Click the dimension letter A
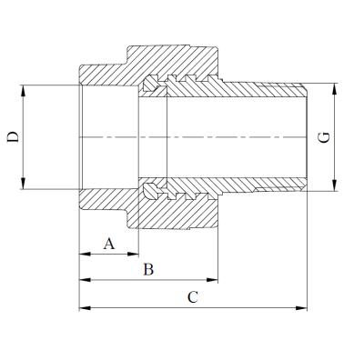[x=109, y=244]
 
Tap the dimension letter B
[x=148, y=269]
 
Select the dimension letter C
[x=193, y=297]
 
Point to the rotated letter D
[x=14, y=137]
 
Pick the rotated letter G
[x=324, y=138]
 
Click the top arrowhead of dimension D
[x=23, y=91]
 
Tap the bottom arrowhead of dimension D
[x=23, y=184]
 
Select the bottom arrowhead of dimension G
[x=334, y=185]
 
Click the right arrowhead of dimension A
[x=133, y=254]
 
